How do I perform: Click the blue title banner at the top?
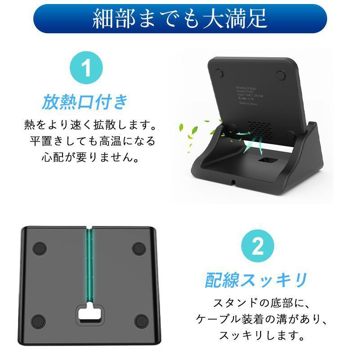click(x=180, y=19)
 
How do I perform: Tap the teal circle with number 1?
click(x=86, y=70)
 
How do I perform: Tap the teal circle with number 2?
click(x=257, y=246)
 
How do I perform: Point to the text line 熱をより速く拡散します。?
click(x=90, y=124)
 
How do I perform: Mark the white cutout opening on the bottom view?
click(x=90, y=314)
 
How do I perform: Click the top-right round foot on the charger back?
click(x=282, y=74)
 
